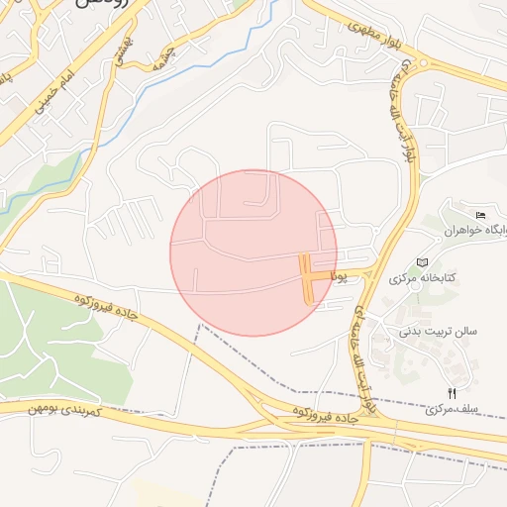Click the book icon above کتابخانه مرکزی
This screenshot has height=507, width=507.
(x=424, y=261)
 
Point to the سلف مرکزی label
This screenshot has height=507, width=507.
(x=453, y=408)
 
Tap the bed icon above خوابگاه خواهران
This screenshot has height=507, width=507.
(x=481, y=216)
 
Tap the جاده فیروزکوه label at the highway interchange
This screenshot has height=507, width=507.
(x=324, y=415)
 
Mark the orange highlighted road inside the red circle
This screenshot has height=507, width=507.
(x=308, y=278)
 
